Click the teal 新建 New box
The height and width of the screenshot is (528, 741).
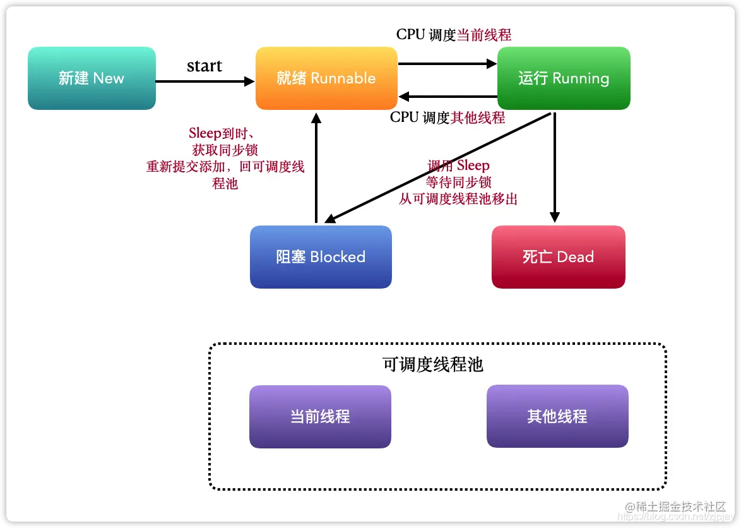(92, 78)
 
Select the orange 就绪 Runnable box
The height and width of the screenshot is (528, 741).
(326, 78)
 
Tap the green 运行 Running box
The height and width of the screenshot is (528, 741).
(564, 78)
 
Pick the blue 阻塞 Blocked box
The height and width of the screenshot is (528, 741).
(321, 257)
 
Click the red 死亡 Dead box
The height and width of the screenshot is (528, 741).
(558, 257)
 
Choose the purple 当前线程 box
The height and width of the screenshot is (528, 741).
(320, 417)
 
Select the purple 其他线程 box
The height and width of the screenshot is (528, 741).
(557, 417)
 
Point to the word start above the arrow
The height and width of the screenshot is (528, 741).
(205, 66)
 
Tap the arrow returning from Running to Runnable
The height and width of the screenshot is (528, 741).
(448, 97)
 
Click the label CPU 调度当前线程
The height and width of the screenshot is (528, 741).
(454, 35)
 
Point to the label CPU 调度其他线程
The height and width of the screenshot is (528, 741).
(448, 117)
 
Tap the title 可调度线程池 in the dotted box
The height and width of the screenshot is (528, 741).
(433, 364)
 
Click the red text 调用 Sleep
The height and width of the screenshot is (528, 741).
(458, 166)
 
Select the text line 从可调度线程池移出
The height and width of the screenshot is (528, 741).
(458, 199)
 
